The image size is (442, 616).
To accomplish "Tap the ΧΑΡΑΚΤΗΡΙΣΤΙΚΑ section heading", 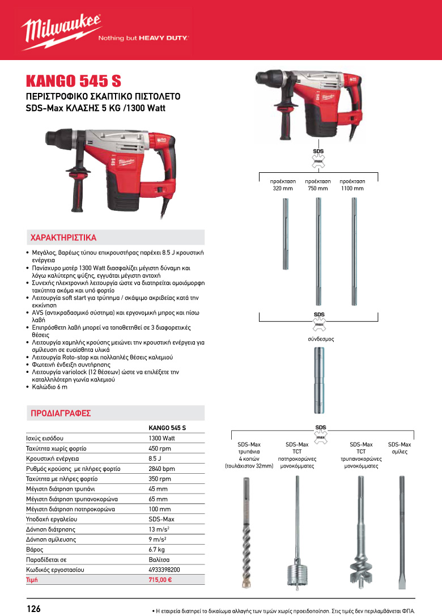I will (63, 237).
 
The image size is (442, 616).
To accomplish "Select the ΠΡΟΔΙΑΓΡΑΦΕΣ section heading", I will (61, 413).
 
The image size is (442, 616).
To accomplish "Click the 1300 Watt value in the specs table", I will (161, 439).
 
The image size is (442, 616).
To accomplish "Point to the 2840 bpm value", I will (161, 469).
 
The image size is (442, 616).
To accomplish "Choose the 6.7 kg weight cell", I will (157, 550).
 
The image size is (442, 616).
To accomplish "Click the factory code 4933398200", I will (164, 570).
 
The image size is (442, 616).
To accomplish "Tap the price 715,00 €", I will (160, 580).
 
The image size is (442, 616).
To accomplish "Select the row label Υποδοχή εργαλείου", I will (52, 519).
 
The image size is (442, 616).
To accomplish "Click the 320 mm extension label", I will (283, 184).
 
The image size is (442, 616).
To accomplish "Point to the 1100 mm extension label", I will (352, 184).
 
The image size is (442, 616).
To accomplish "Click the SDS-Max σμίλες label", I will (399, 448).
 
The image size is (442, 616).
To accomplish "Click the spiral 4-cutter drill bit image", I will (246, 533).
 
